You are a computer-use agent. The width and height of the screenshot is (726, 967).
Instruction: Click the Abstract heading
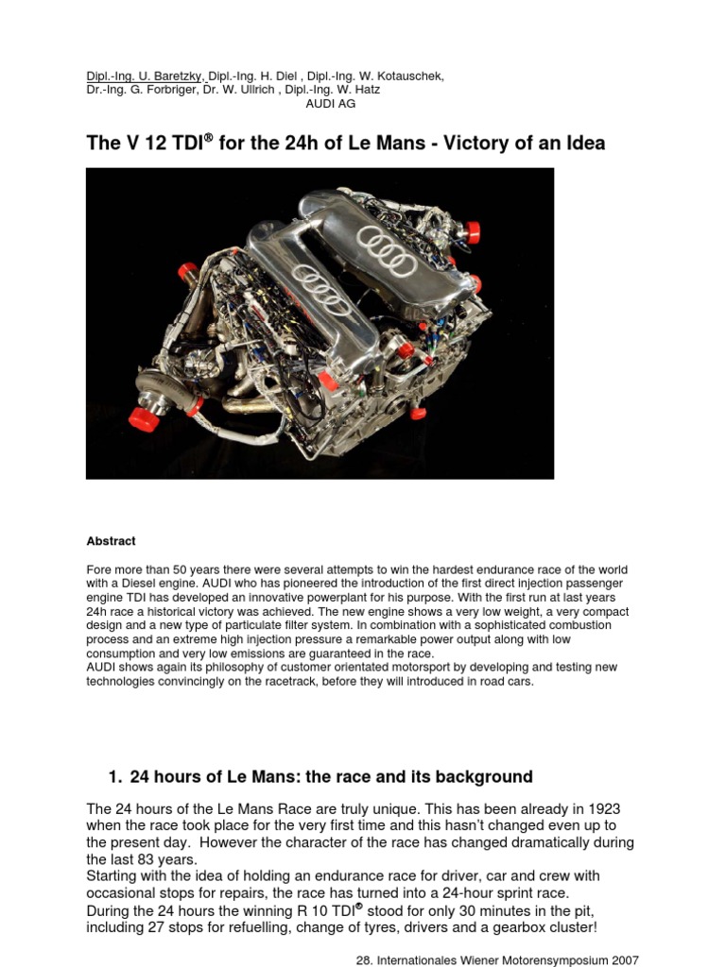[x=111, y=541]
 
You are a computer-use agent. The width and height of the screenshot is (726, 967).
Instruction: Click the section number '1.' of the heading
[x=116, y=777]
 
